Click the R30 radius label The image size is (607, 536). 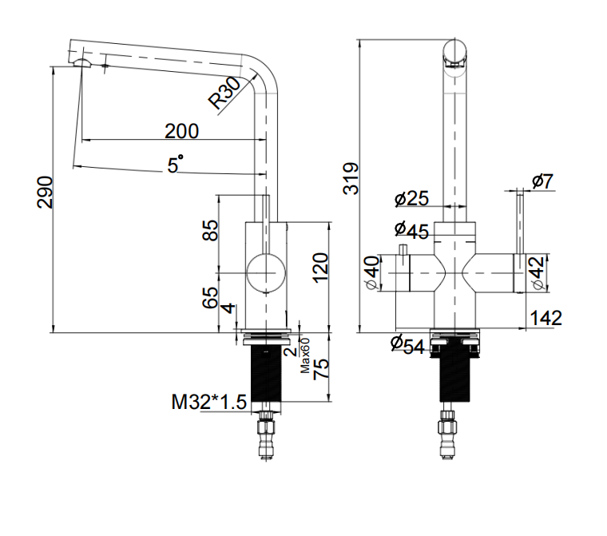(225, 93)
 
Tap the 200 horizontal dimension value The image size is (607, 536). (181, 131)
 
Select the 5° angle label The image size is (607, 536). (175, 164)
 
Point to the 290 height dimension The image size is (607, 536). (45, 192)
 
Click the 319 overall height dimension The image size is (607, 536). (351, 179)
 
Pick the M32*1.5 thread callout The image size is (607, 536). (208, 402)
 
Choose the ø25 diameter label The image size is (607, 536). (411, 198)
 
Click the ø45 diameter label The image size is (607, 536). (411, 230)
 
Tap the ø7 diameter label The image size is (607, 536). (542, 181)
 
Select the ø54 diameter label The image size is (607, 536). (407, 344)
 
